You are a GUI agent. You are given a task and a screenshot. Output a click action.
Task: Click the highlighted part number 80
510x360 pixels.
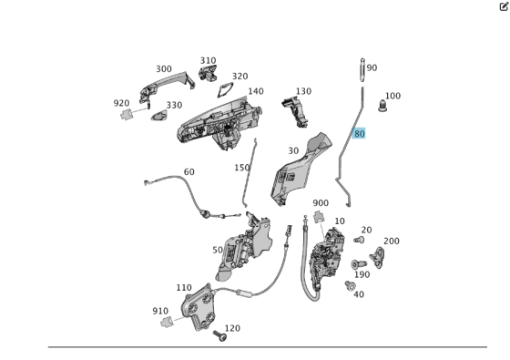click(x=360, y=134)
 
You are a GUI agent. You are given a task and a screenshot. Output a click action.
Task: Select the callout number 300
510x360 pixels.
click(x=164, y=69)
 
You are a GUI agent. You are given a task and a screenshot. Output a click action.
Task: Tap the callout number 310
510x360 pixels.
click(x=209, y=61)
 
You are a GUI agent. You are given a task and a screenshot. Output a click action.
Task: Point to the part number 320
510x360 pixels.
click(x=240, y=77)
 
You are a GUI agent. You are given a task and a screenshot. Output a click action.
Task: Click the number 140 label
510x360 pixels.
click(x=256, y=91)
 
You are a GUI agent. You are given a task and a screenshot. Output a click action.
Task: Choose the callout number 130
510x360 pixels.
click(x=303, y=91)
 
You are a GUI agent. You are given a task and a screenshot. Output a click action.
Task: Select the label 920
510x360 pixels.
click(x=122, y=103)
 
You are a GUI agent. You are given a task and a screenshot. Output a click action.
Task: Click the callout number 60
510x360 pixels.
click(x=189, y=171)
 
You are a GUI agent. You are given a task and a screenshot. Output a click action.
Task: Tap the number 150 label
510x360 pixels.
click(x=241, y=168)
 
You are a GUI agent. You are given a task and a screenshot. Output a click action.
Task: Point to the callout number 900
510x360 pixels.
click(x=321, y=203)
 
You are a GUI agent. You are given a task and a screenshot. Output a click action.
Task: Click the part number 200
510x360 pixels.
click(x=391, y=242)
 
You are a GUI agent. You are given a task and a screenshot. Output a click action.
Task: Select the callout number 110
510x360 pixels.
click(x=184, y=287)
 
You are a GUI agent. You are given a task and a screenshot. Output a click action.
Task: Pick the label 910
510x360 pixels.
click(x=160, y=311)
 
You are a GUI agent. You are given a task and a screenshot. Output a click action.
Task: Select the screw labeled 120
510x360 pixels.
click(x=219, y=336)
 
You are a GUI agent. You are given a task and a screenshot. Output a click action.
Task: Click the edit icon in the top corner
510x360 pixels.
click(x=504, y=5)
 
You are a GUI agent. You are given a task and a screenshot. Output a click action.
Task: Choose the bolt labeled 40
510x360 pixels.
click(x=350, y=285)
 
